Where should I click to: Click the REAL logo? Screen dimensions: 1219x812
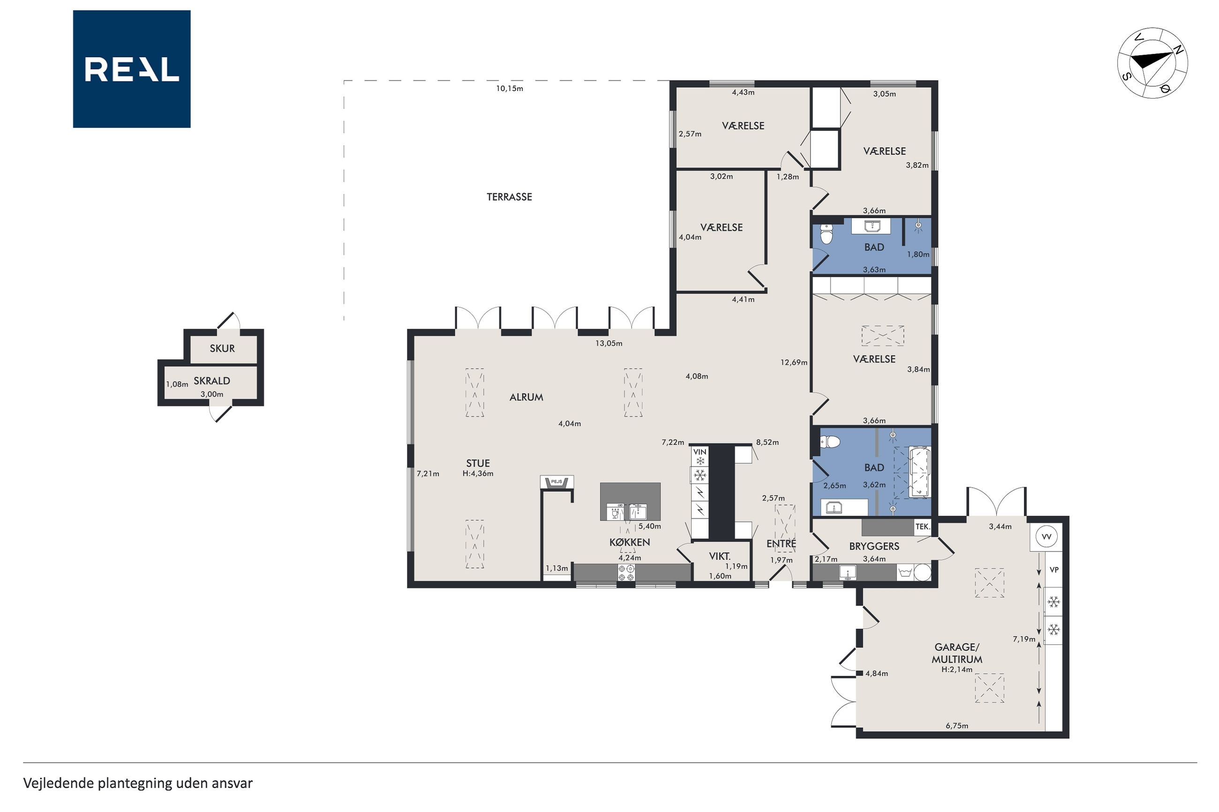point(132,69)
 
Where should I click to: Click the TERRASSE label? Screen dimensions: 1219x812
point(509,197)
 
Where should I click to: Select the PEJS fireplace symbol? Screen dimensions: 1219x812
point(557,482)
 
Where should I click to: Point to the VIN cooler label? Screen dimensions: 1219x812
point(700,452)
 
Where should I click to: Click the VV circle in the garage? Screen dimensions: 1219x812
point(1046,537)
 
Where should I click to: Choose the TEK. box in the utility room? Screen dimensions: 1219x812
point(922,527)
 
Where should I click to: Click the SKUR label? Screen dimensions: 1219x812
point(222,349)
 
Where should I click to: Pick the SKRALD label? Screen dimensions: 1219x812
point(212,380)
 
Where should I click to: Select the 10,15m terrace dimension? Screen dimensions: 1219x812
point(510,89)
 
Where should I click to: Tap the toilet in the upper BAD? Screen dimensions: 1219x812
point(827,235)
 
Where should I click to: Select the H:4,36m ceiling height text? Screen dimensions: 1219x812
point(478,473)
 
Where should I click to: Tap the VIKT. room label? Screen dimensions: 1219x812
point(720,557)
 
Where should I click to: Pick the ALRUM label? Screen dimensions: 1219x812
point(527,397)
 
